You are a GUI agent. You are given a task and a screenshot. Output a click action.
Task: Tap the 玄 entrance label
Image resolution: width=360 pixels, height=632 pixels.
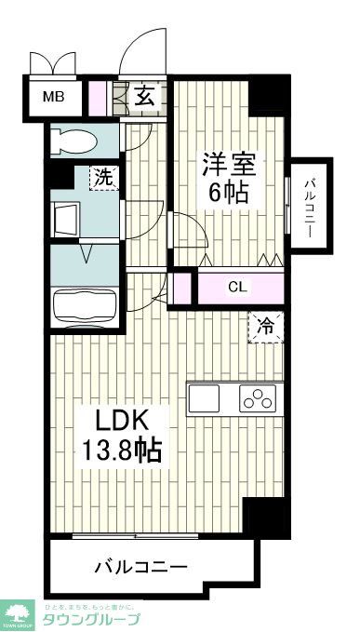click(148, 94)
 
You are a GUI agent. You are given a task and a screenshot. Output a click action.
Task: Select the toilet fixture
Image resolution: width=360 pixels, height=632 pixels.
click(75, 141)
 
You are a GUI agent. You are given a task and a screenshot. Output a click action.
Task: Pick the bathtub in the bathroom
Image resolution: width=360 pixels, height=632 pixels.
click(85, 305)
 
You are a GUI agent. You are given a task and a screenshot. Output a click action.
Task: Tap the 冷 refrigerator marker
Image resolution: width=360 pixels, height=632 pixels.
click(265, 326)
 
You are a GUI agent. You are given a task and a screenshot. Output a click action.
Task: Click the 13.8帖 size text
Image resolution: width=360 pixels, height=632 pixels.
click(120, 451)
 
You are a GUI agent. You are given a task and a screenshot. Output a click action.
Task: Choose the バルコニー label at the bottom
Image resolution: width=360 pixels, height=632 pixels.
click(140, 565)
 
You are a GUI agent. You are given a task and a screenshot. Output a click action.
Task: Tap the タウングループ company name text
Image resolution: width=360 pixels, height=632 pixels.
click(93, 619)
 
